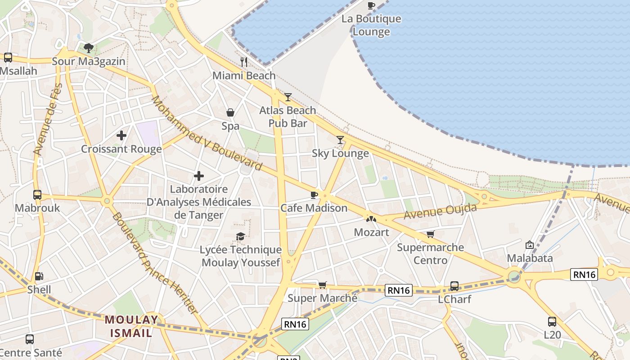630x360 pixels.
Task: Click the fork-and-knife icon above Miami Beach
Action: [244, 62]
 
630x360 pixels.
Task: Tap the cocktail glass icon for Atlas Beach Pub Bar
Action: [288, 97]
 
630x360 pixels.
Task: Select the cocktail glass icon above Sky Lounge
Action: [340, 140]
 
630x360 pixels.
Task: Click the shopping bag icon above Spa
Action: [230, 112]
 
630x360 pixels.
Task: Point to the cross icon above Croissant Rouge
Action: [121, 135]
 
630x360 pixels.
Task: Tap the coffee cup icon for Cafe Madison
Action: [314, 195]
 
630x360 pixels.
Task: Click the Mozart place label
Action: [371, 232]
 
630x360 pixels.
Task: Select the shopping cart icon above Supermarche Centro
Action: [431, 234]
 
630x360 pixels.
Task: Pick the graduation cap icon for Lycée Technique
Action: [241, 236]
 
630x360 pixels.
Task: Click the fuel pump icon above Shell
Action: [39, 276]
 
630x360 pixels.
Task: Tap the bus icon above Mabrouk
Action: [37, 195]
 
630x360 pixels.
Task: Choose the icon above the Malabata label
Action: [530, 245]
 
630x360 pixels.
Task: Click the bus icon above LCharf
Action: [454, 286]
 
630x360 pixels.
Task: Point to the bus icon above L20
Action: [552, 322]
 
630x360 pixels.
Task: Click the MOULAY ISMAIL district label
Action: [132, 327]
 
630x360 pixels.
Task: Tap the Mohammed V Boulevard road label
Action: [207, 133]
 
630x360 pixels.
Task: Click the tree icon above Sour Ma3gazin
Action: [89, 48]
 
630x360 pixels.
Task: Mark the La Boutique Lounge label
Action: [371, 25]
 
